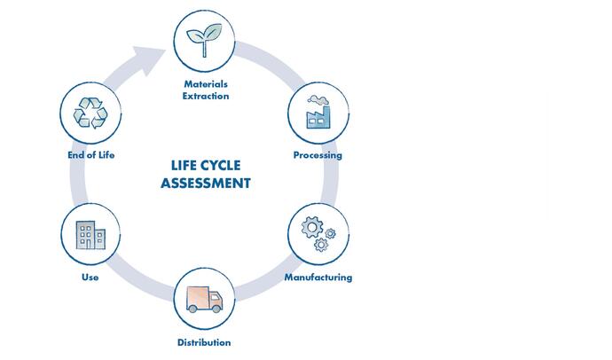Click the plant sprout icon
pos(205,40)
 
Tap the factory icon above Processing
pos(318,113)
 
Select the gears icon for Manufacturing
pos(318,232)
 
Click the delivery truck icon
pos(204,298)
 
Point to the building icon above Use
pos(90,234)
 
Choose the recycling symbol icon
pos(90,113)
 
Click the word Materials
pos(206,84)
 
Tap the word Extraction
pos(206,96)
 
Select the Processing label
pos(318,155)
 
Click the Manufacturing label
pos(318,277)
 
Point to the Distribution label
pos(204,342)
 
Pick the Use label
pos(90,277)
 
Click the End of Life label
pos(90,155)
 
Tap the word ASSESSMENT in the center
pos(206,184)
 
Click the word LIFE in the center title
pos(185,167)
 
